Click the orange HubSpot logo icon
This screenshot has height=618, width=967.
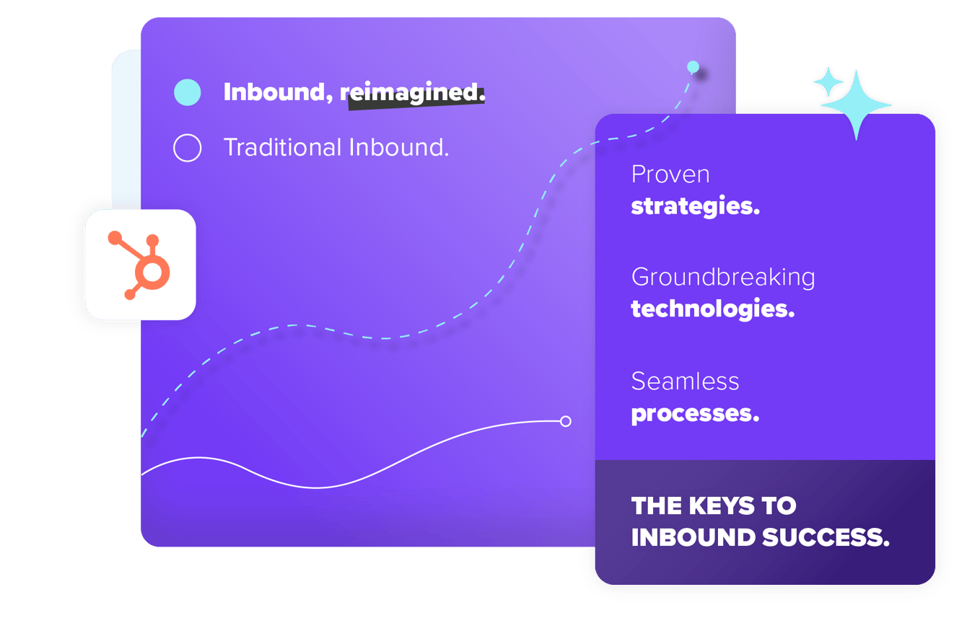tap(139, 265)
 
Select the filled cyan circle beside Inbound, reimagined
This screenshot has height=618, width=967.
tap(188, 92)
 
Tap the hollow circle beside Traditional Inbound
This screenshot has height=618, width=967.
tap(188, 148)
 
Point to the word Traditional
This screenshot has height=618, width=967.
tap(283, 148)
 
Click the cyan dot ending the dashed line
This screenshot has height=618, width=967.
tap(693, 67)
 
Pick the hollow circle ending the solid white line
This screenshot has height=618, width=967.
tap(566, 421)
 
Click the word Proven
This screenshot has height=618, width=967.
tap(670, 175)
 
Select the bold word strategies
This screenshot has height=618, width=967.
tap(696, 206)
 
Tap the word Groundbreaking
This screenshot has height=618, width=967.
tap(723, 278)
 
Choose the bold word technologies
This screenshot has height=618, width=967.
tap(713, 309)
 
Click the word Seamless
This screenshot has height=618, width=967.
tap(685, 381)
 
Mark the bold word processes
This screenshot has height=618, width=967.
tap(695, 414)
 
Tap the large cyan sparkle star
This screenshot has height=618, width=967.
tap(856, 105)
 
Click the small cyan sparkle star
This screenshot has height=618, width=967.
tap(828, 81)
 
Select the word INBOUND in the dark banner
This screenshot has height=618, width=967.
tap(693, 538)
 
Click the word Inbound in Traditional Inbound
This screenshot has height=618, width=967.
tap(399, 148)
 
